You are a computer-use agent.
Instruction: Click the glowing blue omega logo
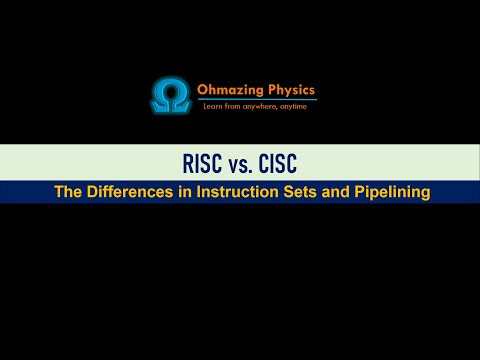[171, 95]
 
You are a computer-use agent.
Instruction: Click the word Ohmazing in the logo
[230, 90]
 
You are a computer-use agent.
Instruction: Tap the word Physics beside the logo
[292, 90]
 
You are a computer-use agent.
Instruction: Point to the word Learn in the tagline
[212, 106]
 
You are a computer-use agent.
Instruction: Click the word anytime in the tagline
[293, 107]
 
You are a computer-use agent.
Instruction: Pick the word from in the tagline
[232, 106]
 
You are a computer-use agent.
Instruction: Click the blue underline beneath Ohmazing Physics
[257, 99]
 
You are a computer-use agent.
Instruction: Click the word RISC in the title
[202, 163]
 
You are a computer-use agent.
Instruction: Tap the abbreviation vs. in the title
[240, 165]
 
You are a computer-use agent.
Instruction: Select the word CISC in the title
[278, 163]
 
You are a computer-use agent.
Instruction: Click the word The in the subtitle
[68, 192]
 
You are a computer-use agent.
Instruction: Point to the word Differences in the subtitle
[130, 192]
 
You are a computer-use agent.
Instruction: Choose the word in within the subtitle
[185, 192]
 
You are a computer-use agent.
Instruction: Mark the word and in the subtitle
[335, 192]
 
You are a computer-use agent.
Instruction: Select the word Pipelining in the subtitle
[392, 193]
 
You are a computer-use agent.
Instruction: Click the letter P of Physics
[272, 89]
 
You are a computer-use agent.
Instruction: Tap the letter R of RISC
[188, 163]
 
